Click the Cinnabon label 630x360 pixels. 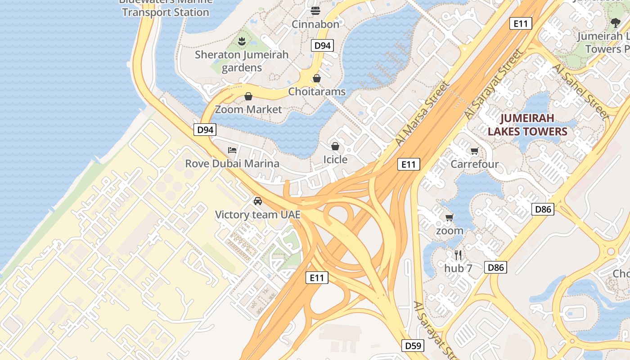tap(315, 24)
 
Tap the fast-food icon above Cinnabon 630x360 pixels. tap(315, 10)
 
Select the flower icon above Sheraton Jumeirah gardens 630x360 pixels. tap(242, 41)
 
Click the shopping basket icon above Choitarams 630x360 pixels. tap(317, 78)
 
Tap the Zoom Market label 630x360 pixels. tap(248, 109)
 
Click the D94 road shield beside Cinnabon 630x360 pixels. tap(322, 45)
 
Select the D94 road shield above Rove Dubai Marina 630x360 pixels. tap(205, 130)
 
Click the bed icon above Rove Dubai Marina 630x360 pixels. tap(232, 150)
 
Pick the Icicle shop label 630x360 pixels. tap(335, 160)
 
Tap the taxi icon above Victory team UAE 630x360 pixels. tap(257, 201)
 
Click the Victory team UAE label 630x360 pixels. tap(257, 215)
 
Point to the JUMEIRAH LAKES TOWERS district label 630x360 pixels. tap(527, 125)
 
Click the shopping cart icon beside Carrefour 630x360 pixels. tap(474, 151)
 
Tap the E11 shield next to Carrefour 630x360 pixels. tap(409, 164)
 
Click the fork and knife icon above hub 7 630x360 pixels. tap(458, 255)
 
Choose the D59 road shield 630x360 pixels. tap(413, 346)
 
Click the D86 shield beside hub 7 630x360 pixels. tap(496, 267)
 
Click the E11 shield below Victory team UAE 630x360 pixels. tap(317, 278)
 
